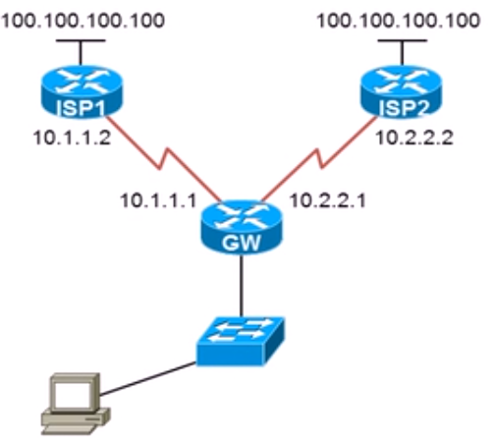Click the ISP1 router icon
click(82, 91)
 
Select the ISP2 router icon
click(402, 91)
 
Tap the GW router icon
click(242, 227)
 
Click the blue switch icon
click(241, 341)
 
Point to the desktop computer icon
click(76, 404)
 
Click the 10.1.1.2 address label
click(72, 138)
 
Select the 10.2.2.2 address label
click(414, 138)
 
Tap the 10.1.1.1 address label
click(158, 200)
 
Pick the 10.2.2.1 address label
click(328, 200)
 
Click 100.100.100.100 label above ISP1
click(82, 21)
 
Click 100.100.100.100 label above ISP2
click(399, 21)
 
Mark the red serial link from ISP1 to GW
click(164, 159)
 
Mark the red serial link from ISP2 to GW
click(319, 159)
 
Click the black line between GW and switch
click(242, 286)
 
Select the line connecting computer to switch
click(147, 378)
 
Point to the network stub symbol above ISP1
click(81, 52)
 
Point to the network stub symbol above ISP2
click(403, 52)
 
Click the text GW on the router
click(242, 243)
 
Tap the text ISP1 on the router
click(81, 108)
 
